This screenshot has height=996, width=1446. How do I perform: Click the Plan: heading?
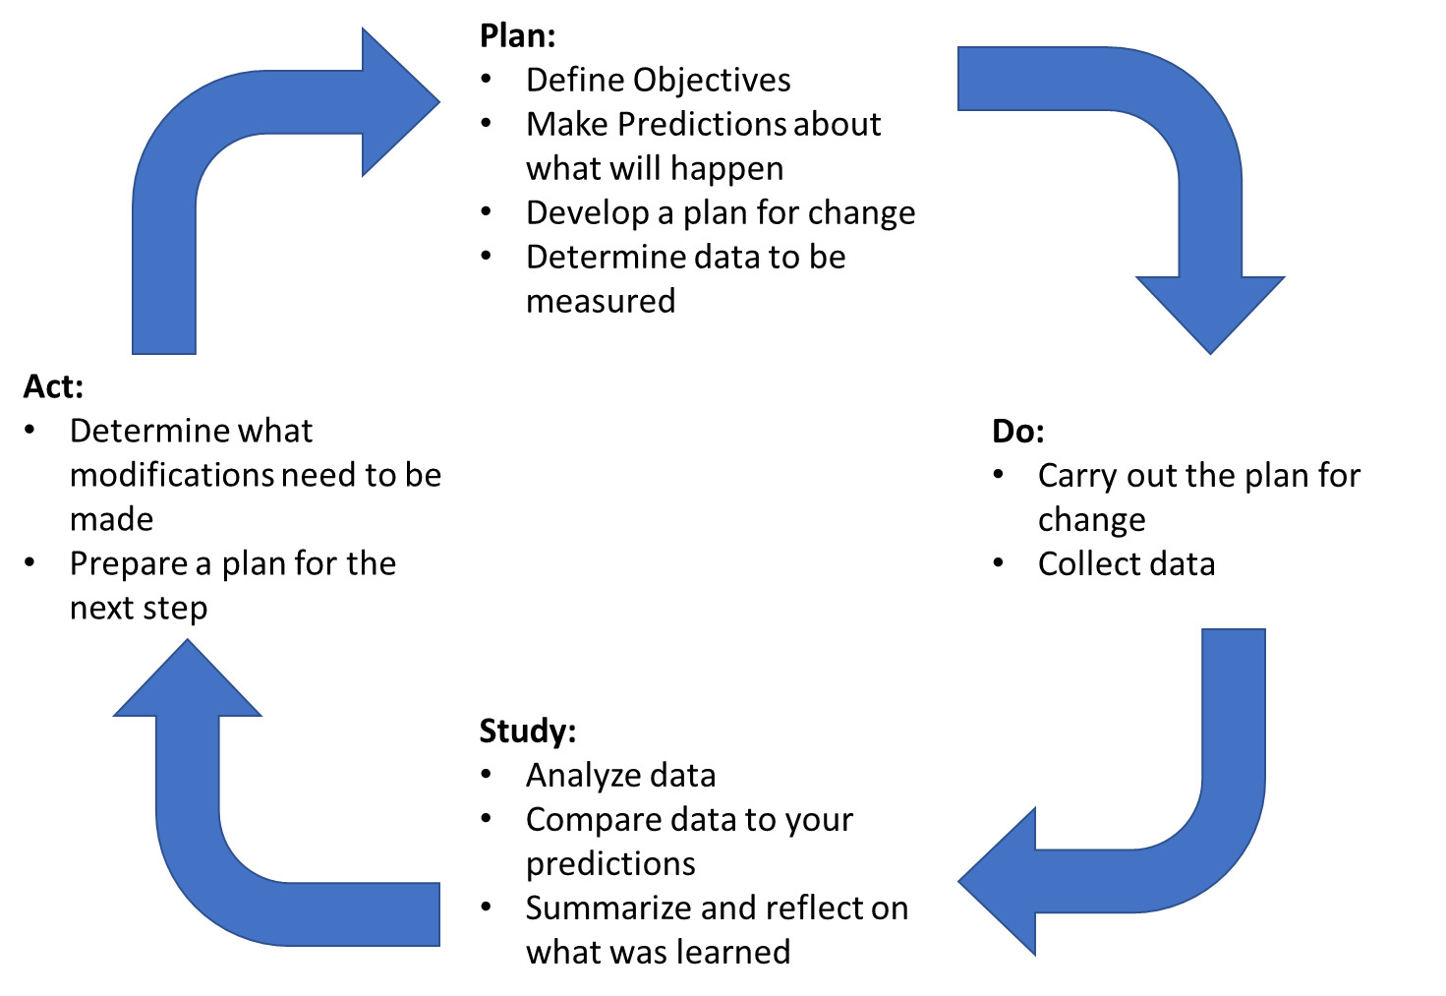click(x=517, y=36)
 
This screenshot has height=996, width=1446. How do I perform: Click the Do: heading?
click(x=1017, y=432)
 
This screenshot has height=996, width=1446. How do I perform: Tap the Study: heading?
click(x=527, y=732)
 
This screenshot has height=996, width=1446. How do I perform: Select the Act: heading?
click(x=53, y=387)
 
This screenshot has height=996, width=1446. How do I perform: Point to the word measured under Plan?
click(x=601, y=302)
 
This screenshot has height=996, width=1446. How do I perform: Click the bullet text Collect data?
click(x=1127, y=564)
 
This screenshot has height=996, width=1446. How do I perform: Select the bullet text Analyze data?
click(x=620, y=776)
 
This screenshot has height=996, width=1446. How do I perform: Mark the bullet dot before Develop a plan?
click(x=487, y=211)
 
